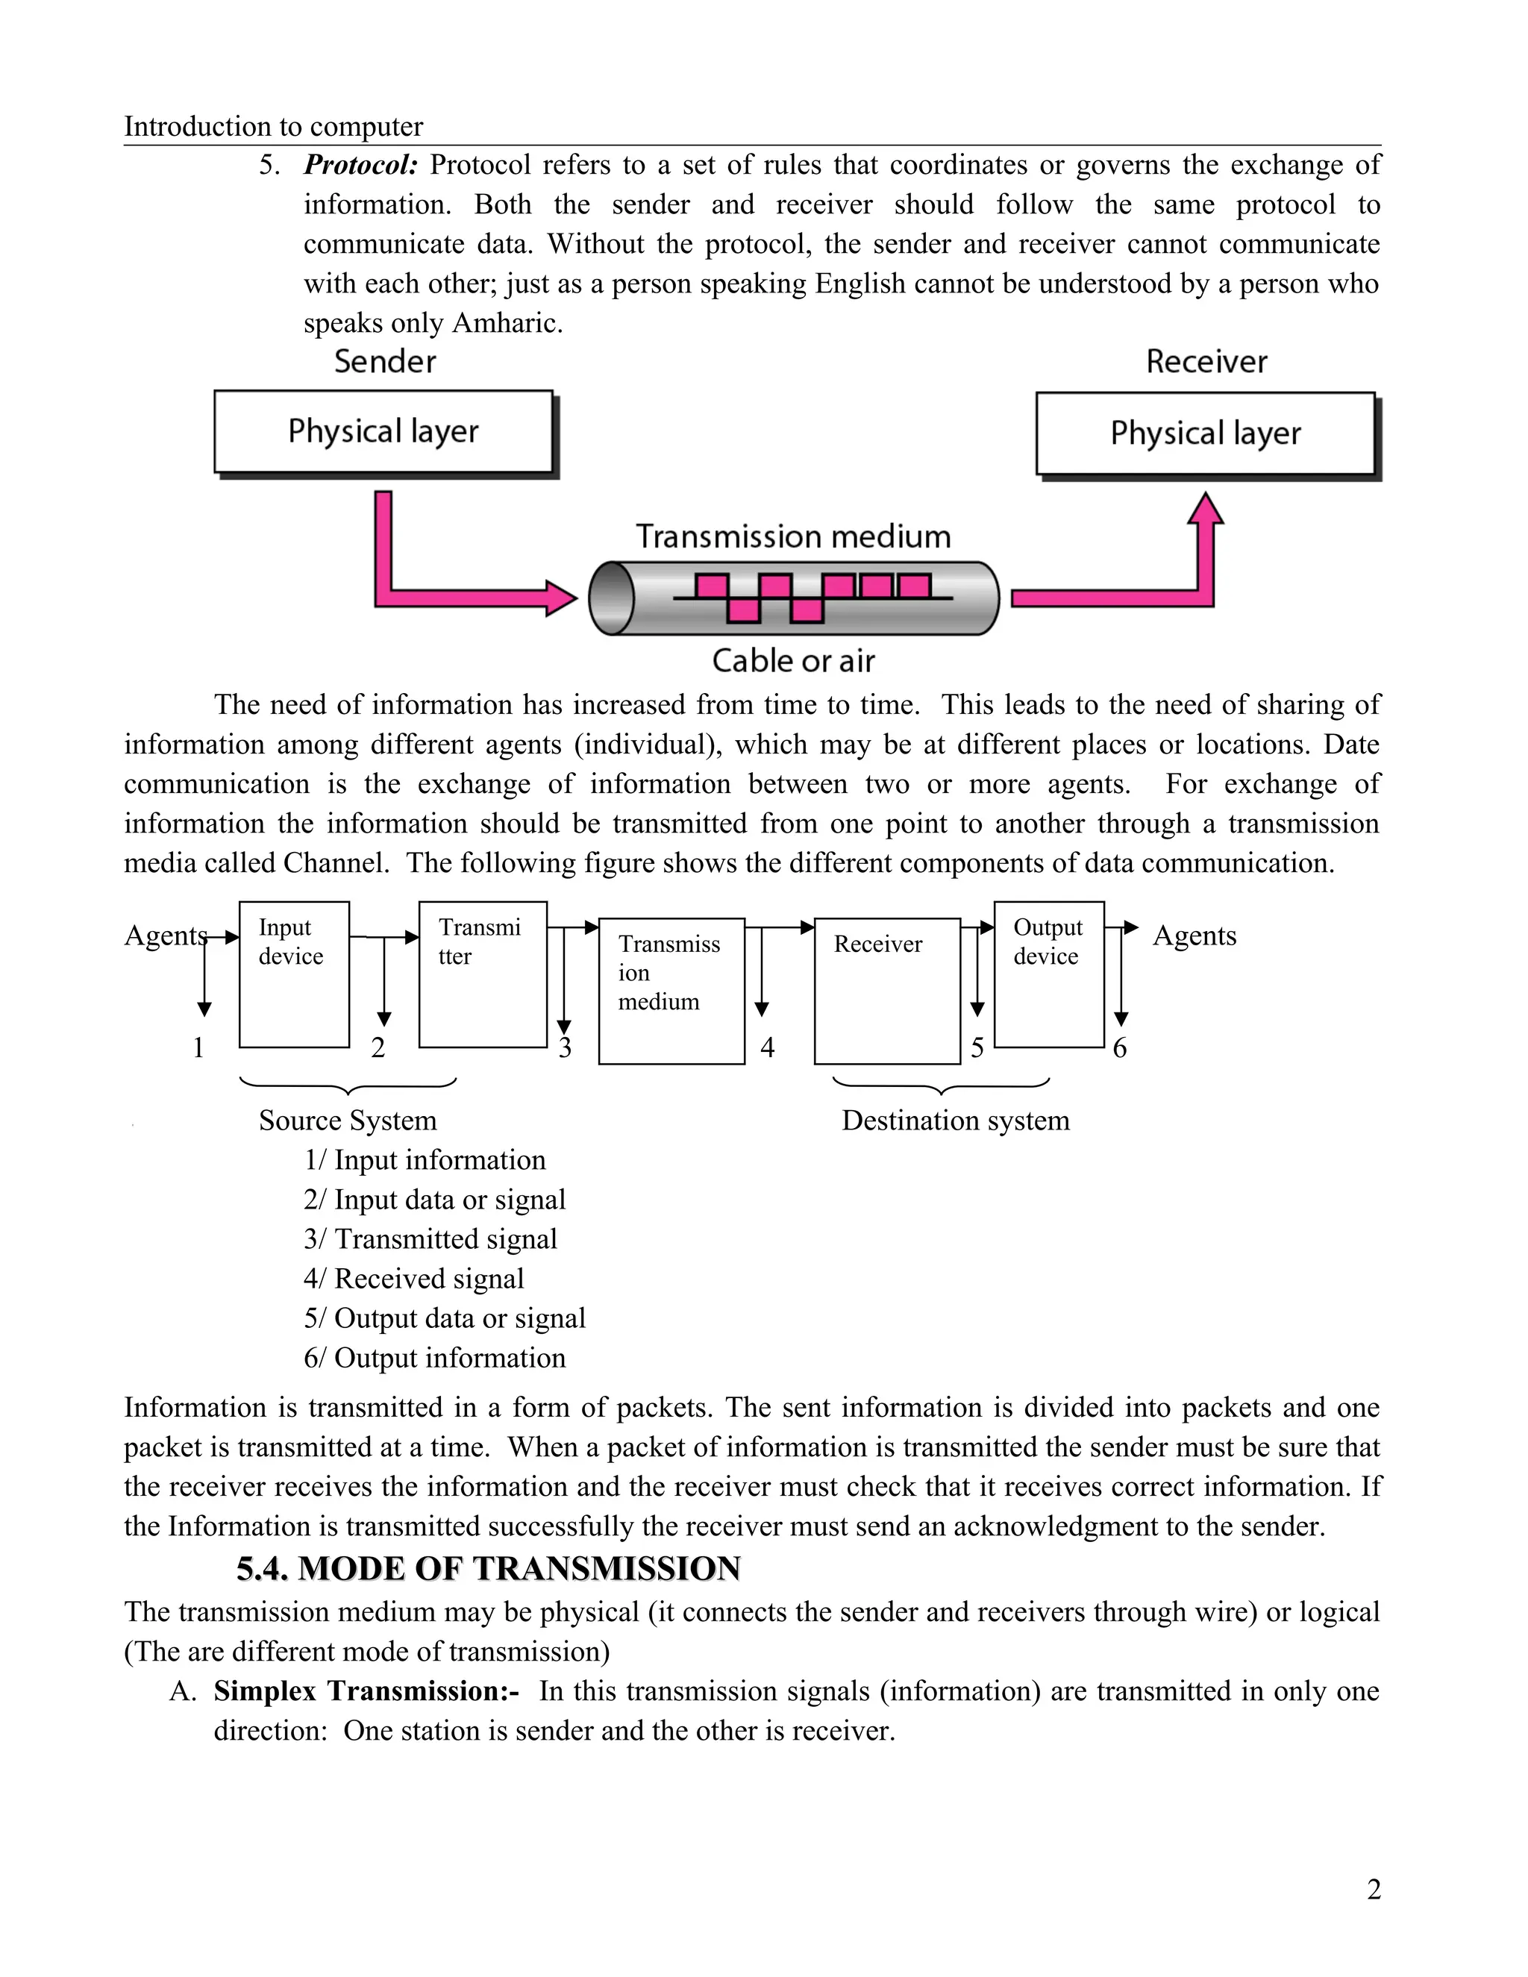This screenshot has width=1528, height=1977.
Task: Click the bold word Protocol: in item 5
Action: pyautogui.click(x=360, y=166)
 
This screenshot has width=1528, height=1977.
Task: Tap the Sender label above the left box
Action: pyautogui.click(x=385, y=362)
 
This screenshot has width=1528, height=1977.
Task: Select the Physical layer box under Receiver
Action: pyautogui.click(x=1205, y=433)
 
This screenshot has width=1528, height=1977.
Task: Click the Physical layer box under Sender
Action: pyautogui.click(x=383, y=432)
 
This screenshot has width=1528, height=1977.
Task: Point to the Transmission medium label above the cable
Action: pyautogui.click(x=793, y=537)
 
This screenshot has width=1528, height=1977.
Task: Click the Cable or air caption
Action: pyautogui.click(x=793, y=661)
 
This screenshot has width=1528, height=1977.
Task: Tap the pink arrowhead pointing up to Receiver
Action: pyautogui.click(x=1205, y=509)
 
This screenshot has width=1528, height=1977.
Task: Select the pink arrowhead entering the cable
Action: pyautogui.click(x=561, y=598)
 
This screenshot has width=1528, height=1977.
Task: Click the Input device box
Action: pyautogui.click(x=294, y=974)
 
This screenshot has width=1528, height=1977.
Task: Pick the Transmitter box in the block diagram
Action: pyautogui.click(x=483, y=974)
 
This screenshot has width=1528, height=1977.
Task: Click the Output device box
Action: pyautogui.click(x=1048, y=974)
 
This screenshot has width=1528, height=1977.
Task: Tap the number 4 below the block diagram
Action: pyautogui.click(x=768, y=1048)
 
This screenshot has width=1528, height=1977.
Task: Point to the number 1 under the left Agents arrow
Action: pyautogui.click(x=198, y=1048)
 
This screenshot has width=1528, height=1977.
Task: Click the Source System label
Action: pyautogui.click(x=348, y=1121)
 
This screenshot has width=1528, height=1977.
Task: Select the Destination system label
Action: pyautogui.click(x=955, y=1121)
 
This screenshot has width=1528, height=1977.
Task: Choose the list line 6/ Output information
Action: pyautogui.click(x=434, y=1358)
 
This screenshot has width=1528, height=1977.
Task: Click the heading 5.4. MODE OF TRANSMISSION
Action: pyautogui.click(x=489, y=1569)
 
